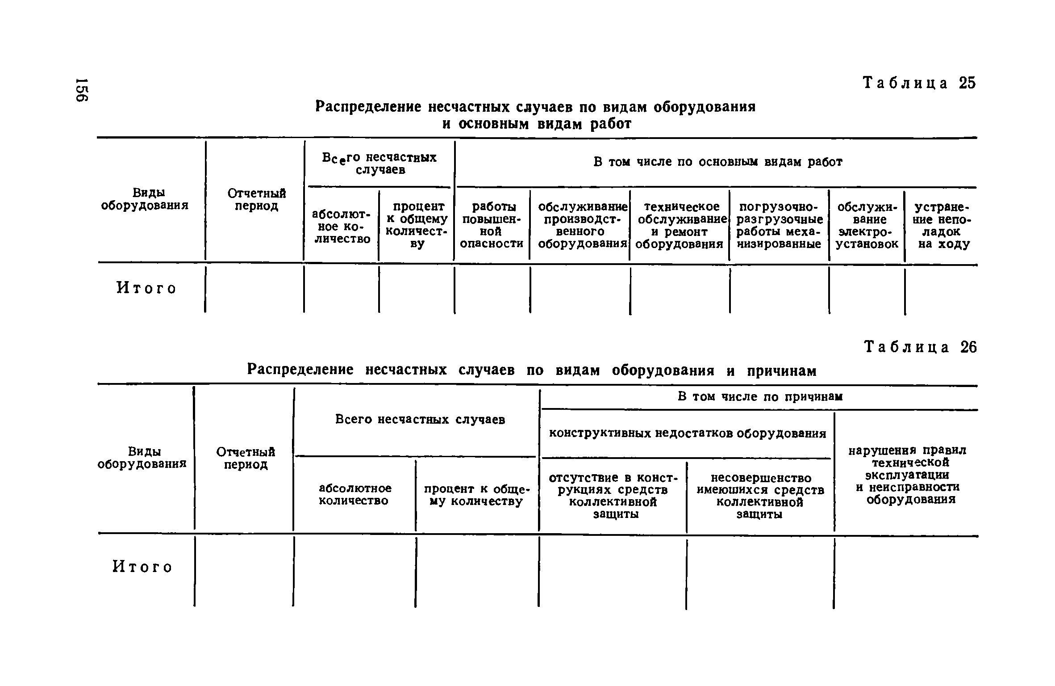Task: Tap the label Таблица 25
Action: [920, 84]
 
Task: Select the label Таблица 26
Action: [921, 347]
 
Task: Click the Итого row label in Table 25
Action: [146, 288]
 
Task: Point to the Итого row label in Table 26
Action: [142, 567]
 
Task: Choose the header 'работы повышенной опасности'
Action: [492, 225]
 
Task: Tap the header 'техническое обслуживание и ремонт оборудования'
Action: [680, 225]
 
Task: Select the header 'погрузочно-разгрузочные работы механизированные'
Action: [779, 225]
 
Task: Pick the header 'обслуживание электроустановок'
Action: [867, 225]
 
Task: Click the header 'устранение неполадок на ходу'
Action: [942, 225]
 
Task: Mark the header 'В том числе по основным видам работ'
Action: [717, 162]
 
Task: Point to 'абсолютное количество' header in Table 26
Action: [355, 494]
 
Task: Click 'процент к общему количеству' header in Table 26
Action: [476, 495]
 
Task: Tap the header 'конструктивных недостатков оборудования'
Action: [687, 433]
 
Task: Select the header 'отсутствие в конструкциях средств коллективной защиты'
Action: [613, 496]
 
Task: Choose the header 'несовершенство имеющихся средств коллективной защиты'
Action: [760, 496]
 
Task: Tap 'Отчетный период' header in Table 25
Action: [256, 199]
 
